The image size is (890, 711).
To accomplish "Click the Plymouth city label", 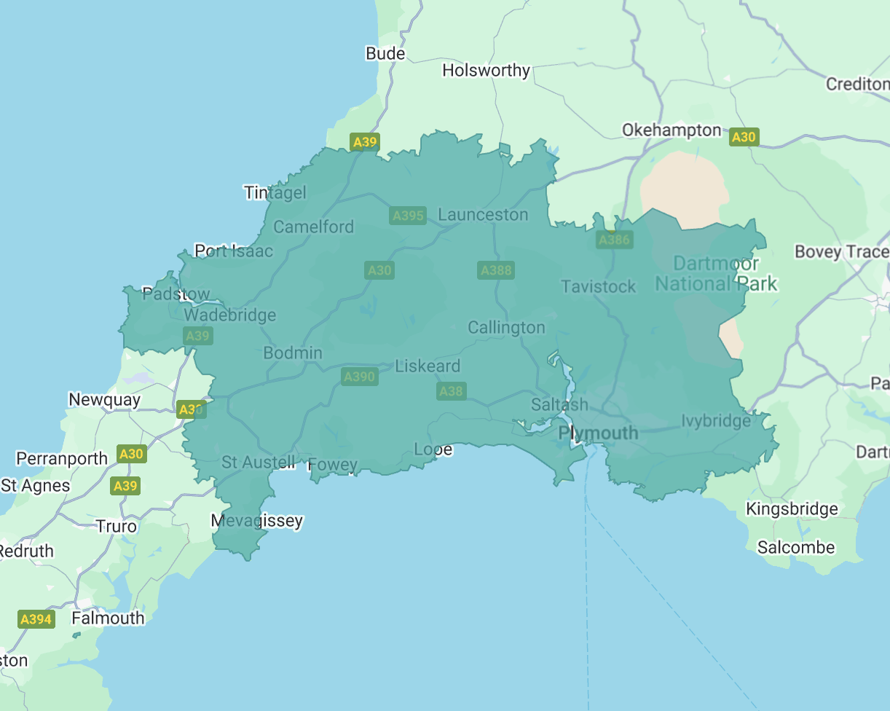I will pos(598,433).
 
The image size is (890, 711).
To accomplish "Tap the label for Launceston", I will pos(483,215).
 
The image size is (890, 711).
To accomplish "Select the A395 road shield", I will pos(408,216).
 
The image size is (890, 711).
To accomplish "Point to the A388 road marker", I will pos(496,270).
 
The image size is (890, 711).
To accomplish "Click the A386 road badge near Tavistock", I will pos(614,240).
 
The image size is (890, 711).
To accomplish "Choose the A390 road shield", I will pos(359,377).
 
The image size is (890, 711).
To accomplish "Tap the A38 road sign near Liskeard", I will pos(451,391).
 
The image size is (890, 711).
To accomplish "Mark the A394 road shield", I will pos(36,619).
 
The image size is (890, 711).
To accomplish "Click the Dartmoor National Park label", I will pos(717,273).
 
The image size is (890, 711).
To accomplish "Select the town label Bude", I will pos(385,54).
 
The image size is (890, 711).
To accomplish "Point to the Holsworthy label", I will pos(486,71).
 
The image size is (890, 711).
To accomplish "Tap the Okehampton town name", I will pos(671,130).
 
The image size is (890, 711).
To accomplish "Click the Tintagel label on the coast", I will pos(275,192).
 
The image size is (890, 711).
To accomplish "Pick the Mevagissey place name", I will pos(256,521).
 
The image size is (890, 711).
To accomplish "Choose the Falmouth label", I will pos(108,618).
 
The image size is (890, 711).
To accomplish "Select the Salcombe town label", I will pos(796,547).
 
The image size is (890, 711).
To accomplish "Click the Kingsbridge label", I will pos(792,509).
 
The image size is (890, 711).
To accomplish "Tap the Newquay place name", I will pos(104,399).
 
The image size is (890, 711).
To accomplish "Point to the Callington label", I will pos(506,328).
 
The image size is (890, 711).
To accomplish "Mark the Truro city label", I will pos(117,526).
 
